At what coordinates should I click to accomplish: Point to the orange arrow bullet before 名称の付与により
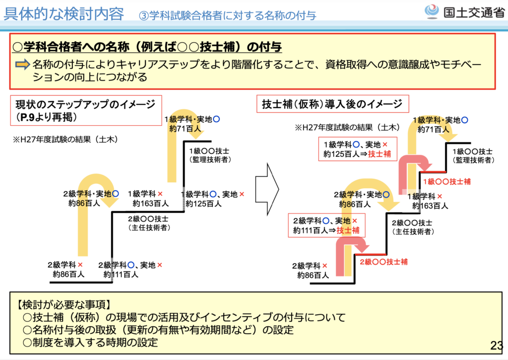click(x=23, y=65)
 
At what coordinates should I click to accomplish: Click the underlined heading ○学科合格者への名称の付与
click(x=147, y=47)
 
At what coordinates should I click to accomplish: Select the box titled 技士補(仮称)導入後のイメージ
click(x=332, y=104)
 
